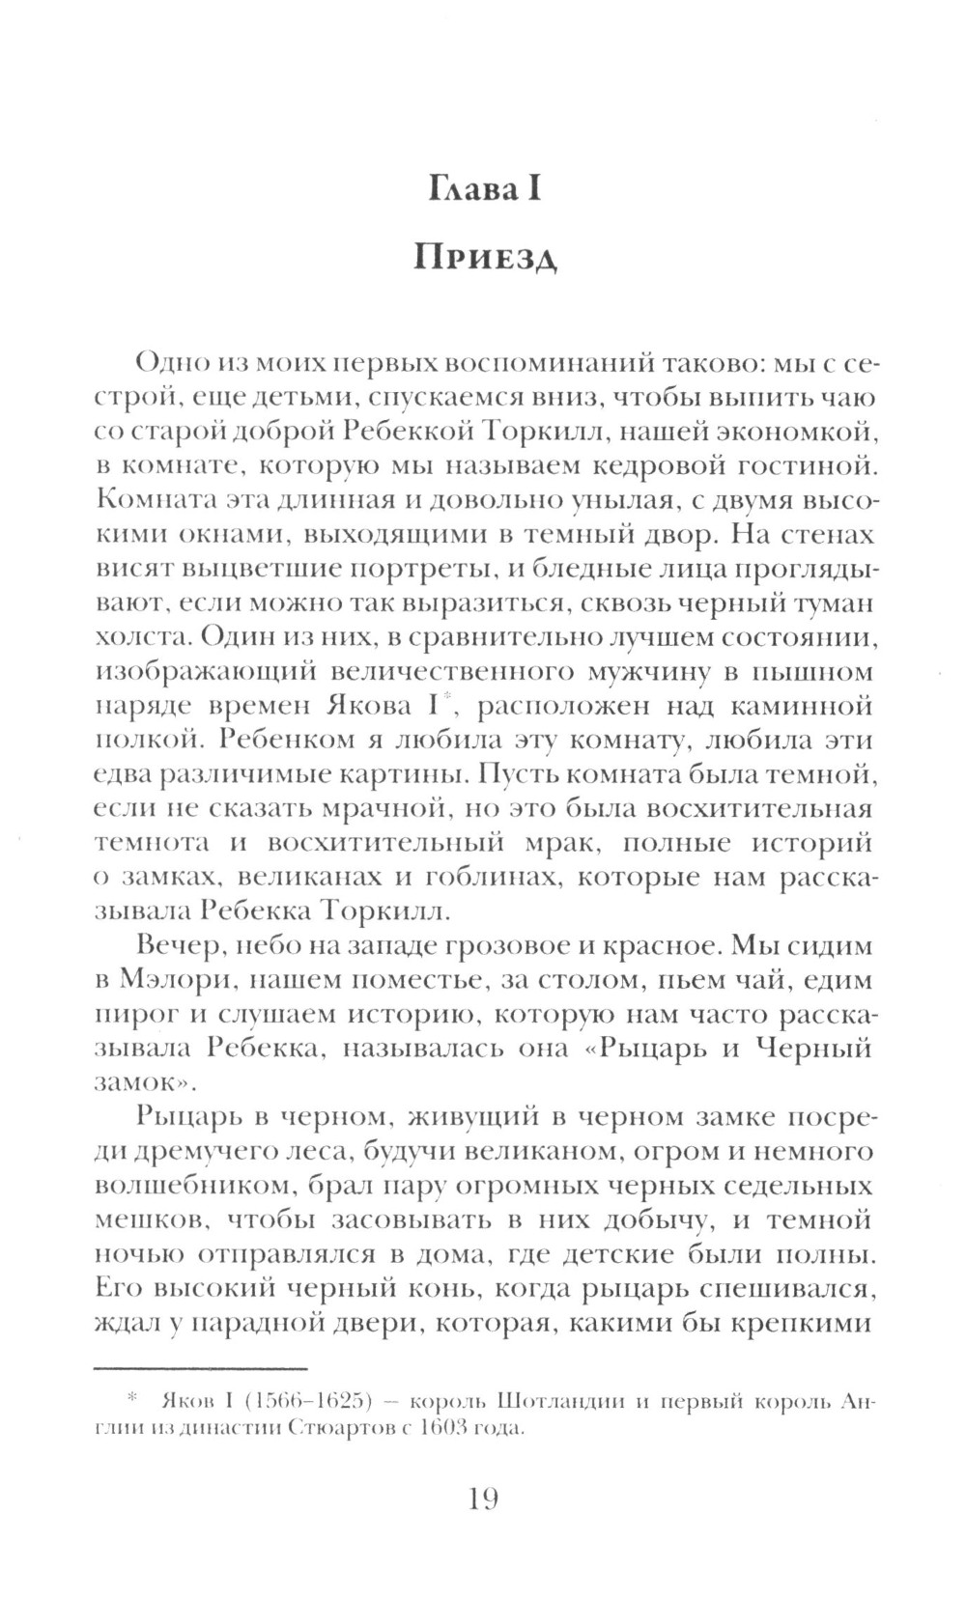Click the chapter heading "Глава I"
coord(484,189)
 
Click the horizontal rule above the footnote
coord(200,1368)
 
